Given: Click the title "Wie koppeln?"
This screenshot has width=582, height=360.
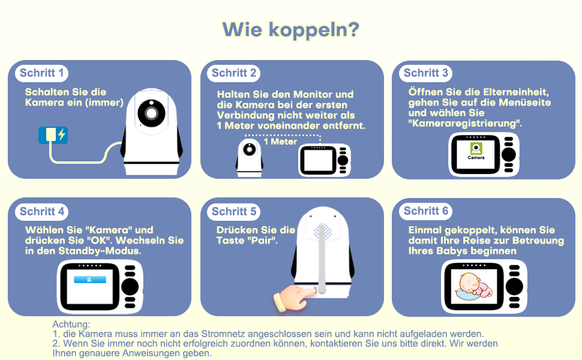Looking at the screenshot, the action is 290,30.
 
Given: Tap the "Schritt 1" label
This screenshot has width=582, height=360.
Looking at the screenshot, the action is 41,73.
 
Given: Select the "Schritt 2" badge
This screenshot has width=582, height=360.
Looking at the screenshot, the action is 234,73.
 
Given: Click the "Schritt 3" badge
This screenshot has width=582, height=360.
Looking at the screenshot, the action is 426,73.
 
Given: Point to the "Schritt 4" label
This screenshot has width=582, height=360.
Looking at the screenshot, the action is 41,212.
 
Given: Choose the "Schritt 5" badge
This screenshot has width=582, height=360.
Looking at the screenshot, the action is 234,212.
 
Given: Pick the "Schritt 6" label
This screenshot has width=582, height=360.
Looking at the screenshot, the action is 426,211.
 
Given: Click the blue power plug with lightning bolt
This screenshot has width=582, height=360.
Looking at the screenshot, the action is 53,135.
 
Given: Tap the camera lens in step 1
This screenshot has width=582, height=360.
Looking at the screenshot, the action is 151,113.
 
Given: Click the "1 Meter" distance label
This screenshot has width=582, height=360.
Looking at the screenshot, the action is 280,142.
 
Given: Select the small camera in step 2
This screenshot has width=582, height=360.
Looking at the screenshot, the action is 250,157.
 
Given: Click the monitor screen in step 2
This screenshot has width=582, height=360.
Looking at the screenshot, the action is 318,161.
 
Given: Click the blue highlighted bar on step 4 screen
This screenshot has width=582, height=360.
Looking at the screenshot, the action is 90,280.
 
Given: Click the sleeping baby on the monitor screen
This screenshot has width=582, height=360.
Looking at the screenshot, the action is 474,286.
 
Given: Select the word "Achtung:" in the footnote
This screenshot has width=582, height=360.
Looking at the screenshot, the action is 71,325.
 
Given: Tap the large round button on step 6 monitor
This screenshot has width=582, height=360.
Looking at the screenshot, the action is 514,287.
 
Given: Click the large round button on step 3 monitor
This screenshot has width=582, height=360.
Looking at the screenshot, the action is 509,155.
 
